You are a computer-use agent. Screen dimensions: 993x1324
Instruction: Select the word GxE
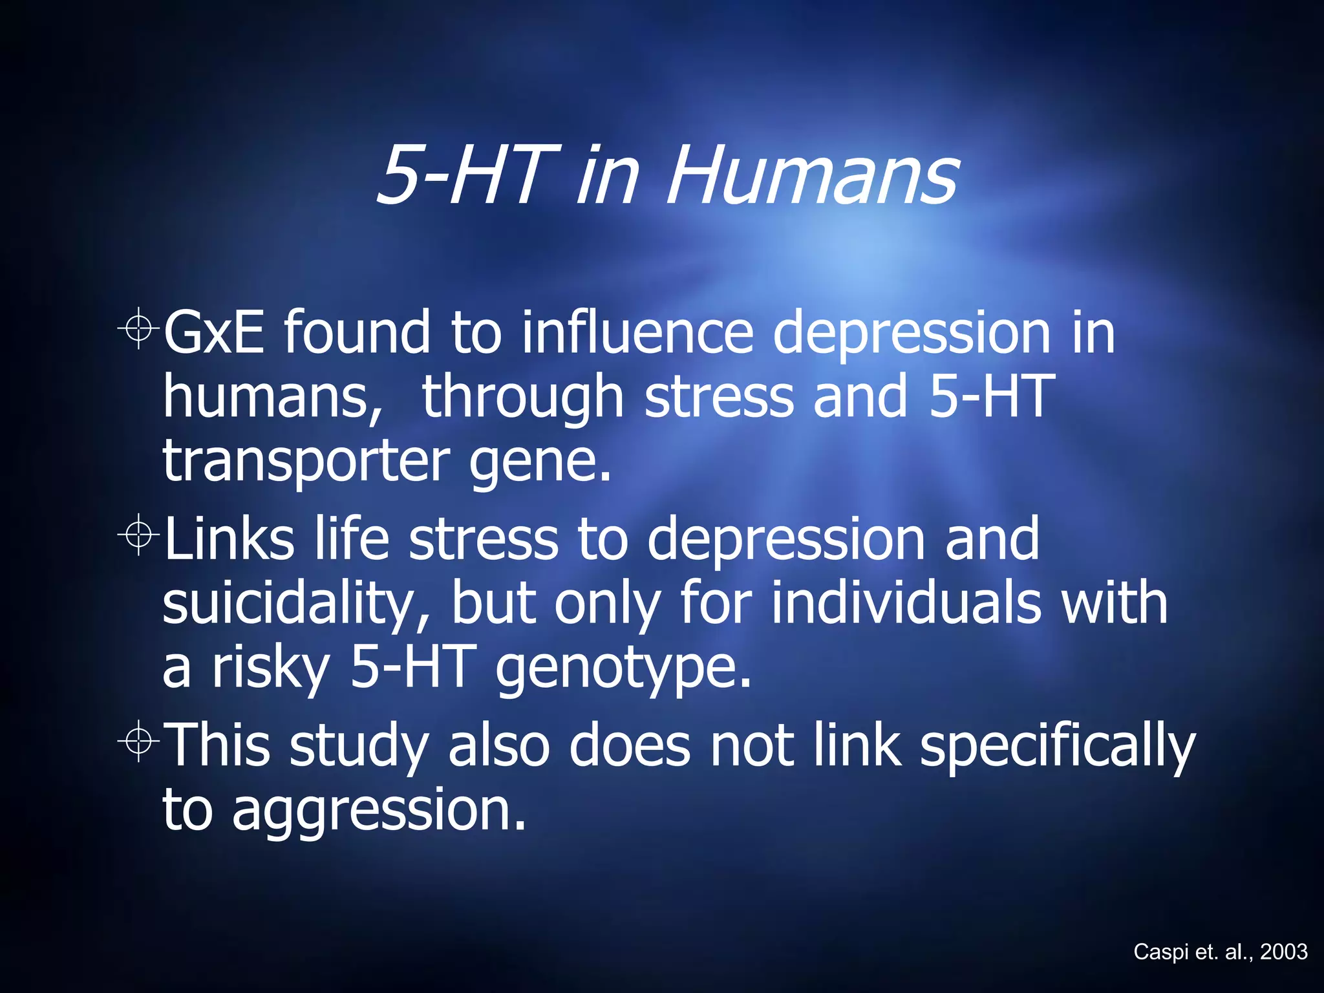(x=214, y=332)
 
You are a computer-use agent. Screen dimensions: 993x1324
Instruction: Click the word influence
(x=637, y=332)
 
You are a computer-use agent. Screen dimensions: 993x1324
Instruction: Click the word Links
(x=230, y=539)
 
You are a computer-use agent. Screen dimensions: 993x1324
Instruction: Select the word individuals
(x=906, y=603)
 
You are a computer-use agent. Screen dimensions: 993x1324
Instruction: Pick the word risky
(x=272, y=670)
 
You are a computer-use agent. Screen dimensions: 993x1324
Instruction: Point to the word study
(x=359, y=747)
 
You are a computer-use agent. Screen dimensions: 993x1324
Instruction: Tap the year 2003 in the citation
(x=1284, y=952)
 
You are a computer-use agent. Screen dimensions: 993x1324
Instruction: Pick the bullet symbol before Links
(x=138, y=535)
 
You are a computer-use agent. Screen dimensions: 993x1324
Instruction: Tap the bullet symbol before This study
(x=138, y=742)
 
